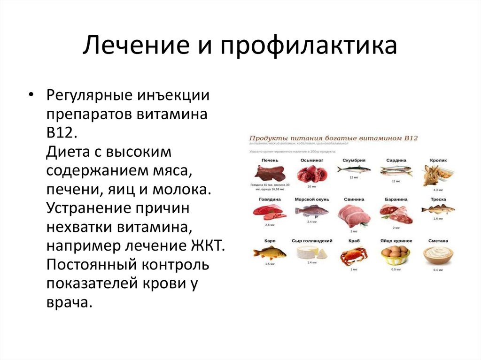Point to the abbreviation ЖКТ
tap(209, 245)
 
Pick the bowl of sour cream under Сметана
tap(438, 255)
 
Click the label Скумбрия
tap(354, 160)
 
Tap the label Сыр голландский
tap(312, 241)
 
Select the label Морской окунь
tap(311, 199)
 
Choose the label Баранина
tap(396, 199)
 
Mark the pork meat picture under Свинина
tap(353, 215)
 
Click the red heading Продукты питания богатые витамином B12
tap(333, 138)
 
